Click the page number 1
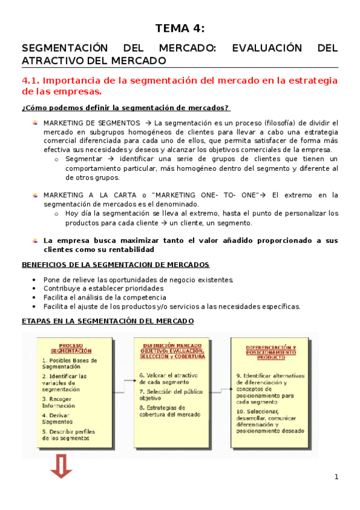pos(337,477)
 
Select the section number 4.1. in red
pos(31,81)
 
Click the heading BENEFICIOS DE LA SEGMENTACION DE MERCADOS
pos(115,265)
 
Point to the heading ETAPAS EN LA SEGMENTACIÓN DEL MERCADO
pos(108,321)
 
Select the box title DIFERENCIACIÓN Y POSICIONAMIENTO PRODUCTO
pos(271,352)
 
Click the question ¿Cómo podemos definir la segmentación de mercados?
pos(125,108)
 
